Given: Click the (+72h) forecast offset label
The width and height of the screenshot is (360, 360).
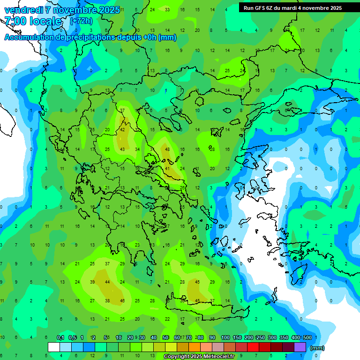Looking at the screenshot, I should pyautogui.click(x=81, y=22).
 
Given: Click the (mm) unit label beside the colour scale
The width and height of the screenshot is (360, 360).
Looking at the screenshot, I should pyautogui.click(x=317, y=348).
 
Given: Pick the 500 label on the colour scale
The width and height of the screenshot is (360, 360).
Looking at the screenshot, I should pyautogui.click(x=307, y=337).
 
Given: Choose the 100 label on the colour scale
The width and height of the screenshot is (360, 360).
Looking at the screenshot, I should pyautogui.click(x=225, y=337).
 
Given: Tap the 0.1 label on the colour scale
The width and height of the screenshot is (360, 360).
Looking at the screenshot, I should pyautogui.click(x=60, y=337).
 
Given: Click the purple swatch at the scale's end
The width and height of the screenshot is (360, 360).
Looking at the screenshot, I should pyautogui.click(x=300, y=347).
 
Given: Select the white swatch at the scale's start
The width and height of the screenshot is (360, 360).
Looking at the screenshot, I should pyautogui.click(x=54, y=347).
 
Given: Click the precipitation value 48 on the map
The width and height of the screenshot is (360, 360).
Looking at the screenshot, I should pyautogui.click(x=167, y=149).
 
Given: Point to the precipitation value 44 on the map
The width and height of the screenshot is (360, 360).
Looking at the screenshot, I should pyautogui.click(x=107, y=282).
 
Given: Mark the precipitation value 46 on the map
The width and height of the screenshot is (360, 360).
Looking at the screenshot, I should pyautogui.click(x=122, y=300).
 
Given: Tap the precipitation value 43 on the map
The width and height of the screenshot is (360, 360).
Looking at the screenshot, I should pyautogui.click(x=122, y=149).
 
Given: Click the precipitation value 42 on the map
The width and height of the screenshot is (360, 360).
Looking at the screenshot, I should pyautogui.click(x=122, y=130).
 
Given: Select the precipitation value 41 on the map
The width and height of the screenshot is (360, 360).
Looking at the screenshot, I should pyautogui.click(x=167, y=168).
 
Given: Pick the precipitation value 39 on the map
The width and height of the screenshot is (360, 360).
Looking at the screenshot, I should pyautogui.click(x=92, y=282).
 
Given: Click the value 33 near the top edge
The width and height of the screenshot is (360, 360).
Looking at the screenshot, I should pyautogui.click(x=167, y=9).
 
